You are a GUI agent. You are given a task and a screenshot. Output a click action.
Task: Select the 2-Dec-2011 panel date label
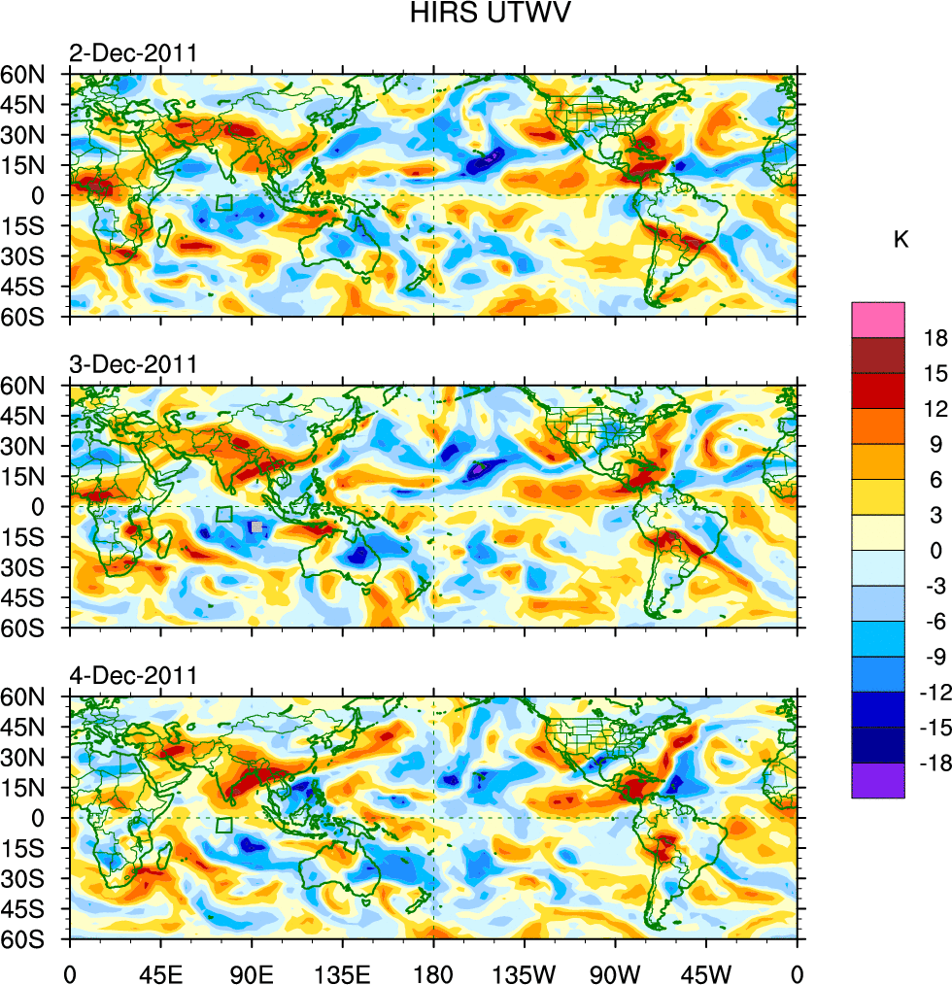click(x=133, y=53)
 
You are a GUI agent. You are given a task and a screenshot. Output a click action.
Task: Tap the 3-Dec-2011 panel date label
click(x=133, y=364)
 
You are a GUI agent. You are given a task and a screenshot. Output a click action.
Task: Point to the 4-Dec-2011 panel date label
click(x=133, y=675)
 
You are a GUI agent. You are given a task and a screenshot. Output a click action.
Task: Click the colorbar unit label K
click(x=901, y=240)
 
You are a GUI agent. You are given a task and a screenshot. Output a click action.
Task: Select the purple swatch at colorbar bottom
click(x=878, y=780)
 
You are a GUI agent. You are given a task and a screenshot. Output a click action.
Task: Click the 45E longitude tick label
click(x=160, y=971)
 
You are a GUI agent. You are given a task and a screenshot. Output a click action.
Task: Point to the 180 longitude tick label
click(x=433, y=971)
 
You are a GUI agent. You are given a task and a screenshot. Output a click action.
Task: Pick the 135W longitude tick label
click(x=525, y=971)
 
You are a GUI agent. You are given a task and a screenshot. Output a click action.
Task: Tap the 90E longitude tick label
click(x=252, y=971)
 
